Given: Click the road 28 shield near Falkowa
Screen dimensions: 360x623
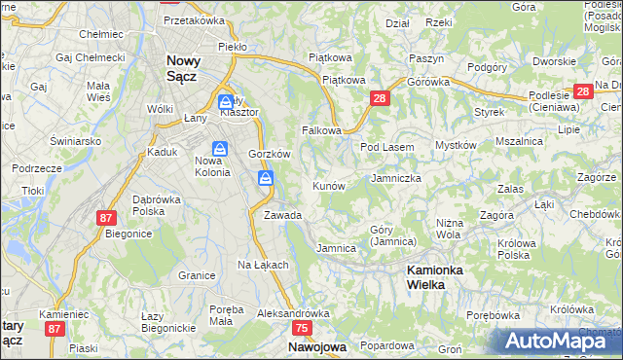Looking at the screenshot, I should click(x=380, y=98).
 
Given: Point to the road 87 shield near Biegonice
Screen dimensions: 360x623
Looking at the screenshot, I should click(x=107, y=219).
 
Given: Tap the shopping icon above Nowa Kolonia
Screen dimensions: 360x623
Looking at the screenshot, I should click(x=220, y=149).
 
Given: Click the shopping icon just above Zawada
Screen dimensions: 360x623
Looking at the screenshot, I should click(x=266, y=178).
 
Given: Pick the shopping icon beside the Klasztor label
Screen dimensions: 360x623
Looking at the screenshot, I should click(x=226, y=101).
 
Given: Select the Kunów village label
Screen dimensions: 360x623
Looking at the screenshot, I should click(x=328, y=186).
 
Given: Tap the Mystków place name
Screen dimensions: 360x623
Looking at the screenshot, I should click(x=456, y=145).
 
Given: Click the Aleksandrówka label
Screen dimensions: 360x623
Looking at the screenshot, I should click(x=293, y=314).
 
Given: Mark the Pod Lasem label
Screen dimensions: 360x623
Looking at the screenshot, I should click(x=387, y=147).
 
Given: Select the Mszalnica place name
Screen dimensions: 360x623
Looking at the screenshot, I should click(x=519, y=141).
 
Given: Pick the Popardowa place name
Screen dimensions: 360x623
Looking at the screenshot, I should click(x=387, y=345).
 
